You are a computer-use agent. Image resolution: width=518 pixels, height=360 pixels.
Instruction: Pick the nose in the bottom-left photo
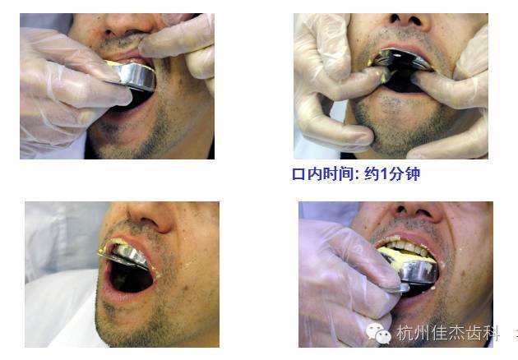click(150, 216)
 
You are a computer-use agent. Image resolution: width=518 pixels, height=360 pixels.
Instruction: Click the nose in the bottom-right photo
click(418, 211)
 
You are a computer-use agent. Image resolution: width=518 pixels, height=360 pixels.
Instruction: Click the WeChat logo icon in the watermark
click(378, 334)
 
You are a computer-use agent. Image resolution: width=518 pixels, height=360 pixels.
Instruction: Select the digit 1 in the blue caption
click(383, 174)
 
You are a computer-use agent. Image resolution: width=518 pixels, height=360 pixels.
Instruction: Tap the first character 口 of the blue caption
click(298, 174)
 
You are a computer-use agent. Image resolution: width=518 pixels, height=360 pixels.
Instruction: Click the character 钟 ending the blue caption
click(413, 174)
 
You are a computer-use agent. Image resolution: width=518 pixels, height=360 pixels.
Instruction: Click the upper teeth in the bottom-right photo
click(405, 246)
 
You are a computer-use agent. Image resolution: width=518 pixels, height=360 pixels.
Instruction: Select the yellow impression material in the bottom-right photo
click(406, 256)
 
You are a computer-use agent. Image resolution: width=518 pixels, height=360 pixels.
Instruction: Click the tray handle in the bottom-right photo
click(398, 288)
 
